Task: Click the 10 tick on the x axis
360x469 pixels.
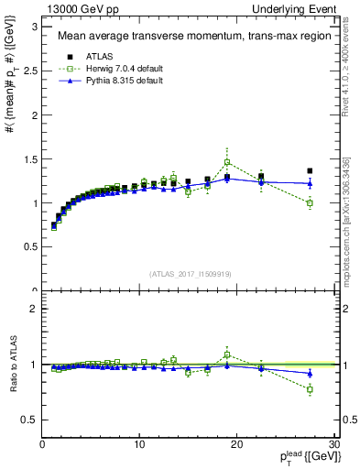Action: click(x=139, y=444)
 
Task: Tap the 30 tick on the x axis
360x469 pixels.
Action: click(x=334, y=444)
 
